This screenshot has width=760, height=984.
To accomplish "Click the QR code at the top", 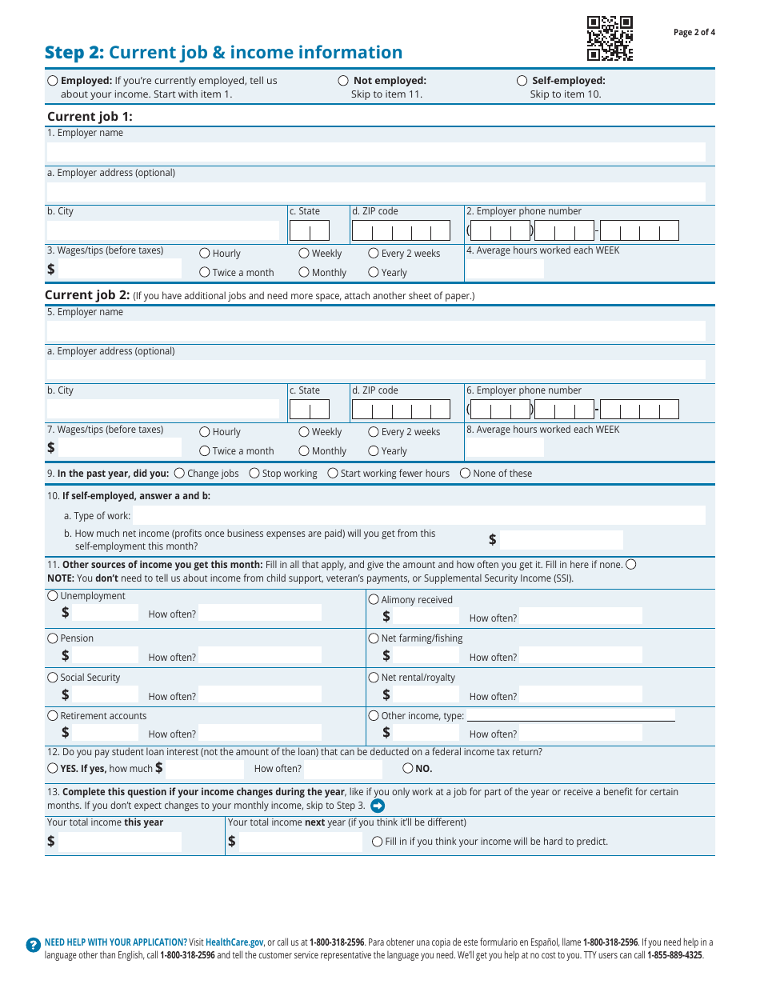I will (610, 38).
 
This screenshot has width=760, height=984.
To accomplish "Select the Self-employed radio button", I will (522, 81).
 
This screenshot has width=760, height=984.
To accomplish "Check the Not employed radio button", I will (343, 81).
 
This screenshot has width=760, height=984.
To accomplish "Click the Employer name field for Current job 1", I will (376, 152).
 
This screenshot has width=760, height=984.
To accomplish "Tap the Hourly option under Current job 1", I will (205, 254).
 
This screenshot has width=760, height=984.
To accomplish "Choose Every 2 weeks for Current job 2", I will (374, 432).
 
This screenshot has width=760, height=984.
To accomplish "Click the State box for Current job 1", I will (309, 231).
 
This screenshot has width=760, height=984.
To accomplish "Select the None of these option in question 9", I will (466, 474).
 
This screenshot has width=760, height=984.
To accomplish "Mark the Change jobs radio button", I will (179, 474).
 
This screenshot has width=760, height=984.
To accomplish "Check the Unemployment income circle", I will (53, 596).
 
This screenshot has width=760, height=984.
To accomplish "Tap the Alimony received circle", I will (374, 599).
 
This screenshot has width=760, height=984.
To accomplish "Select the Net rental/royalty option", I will (374, 678).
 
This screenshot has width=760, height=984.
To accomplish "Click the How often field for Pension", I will (260, 655).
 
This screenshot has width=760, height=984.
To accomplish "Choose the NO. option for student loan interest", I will (408, 769).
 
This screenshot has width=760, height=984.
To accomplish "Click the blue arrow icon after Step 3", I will (378, 806).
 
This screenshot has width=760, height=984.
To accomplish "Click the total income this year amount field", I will (120, 842).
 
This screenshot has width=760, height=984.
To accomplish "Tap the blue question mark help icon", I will (33, 945).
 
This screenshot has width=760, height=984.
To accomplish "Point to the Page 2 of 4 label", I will (694, 33).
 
